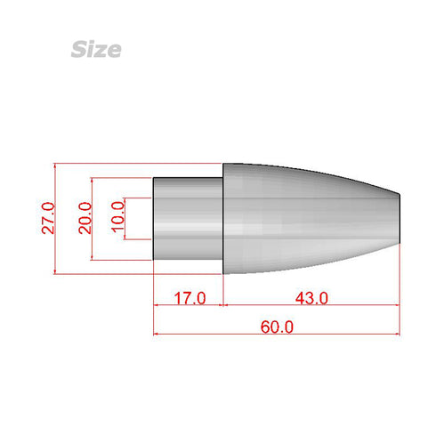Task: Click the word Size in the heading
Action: click(95, 49)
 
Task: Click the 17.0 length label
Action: click(189, 298)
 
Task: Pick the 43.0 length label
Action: click(311, 298)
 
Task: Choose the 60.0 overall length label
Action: click(277, 327)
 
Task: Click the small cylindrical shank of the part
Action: click(188, 218)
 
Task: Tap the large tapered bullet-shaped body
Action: click(303, 218)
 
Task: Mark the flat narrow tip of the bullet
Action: click(400, 218)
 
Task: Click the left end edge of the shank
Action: click(154, 218)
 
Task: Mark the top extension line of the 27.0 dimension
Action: click(133, 164)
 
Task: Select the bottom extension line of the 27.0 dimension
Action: click(133, 273)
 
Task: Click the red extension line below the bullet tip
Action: click(400, 285)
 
